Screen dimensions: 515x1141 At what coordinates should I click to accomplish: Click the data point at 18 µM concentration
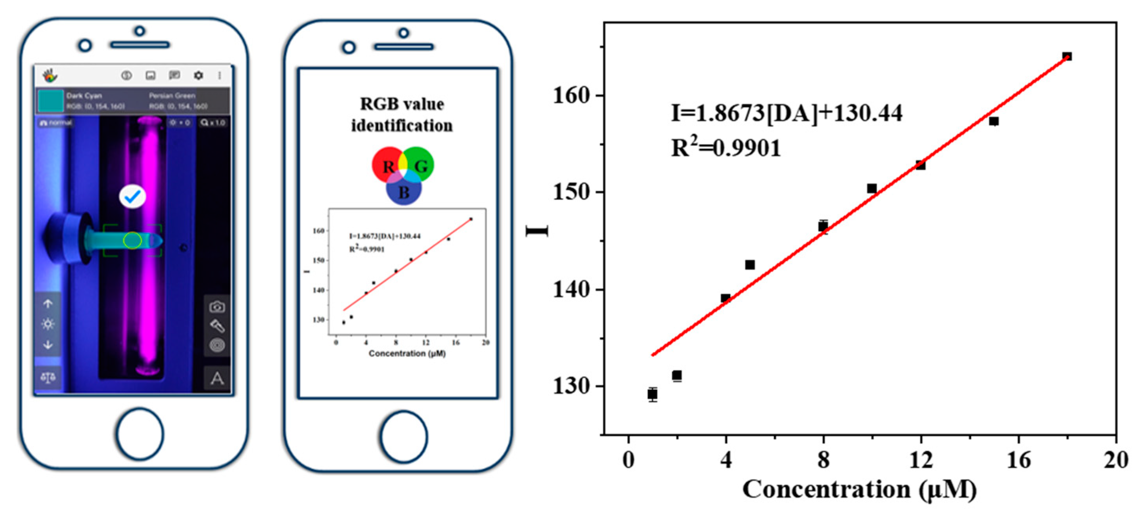1067,56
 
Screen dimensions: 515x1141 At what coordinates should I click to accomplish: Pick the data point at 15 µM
994,121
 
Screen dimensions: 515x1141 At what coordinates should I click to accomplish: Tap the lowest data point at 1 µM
652,393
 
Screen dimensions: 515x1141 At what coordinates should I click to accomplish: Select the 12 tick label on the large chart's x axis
921,460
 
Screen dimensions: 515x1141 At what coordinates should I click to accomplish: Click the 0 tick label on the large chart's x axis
628,460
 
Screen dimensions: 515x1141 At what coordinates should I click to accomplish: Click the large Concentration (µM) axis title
859,490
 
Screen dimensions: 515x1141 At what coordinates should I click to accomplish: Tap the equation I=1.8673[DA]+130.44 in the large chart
787,113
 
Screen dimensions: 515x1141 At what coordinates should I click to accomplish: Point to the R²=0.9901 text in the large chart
727,147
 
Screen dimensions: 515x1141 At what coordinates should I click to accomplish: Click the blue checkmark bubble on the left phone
133,197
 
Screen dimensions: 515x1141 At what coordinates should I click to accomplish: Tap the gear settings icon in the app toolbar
198,76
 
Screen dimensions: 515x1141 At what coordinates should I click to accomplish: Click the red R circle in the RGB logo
386,165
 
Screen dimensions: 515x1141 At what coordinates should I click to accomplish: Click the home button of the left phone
140,434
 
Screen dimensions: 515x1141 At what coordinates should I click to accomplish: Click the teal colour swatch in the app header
51,100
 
